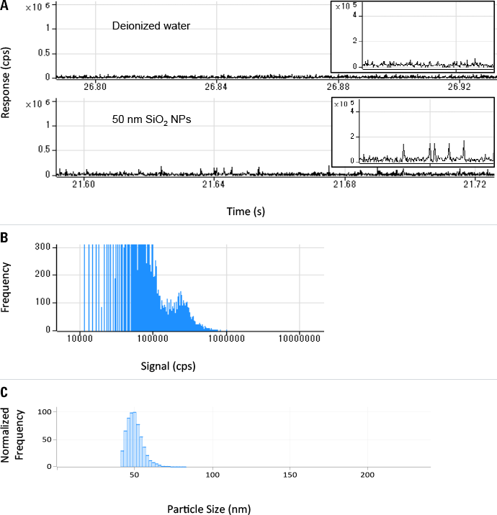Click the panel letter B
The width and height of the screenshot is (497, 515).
tap(5, 237)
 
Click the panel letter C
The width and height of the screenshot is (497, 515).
tap(5, 392)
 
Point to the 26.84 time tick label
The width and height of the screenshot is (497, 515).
tap(217, 87)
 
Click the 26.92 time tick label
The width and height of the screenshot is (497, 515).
tap(459, 87)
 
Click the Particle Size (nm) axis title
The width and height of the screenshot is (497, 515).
tap(209, 509)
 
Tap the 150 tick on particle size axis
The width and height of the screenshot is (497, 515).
tap(290, 476)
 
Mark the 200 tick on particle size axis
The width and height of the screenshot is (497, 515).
tap(367, 476)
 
